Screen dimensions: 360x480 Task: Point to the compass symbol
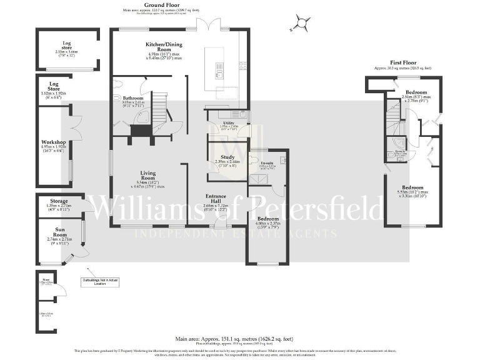(x=302, y=24)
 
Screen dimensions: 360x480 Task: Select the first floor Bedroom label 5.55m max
(x=412, y=187)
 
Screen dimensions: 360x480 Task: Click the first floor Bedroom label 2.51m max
(x=416, y=92)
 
